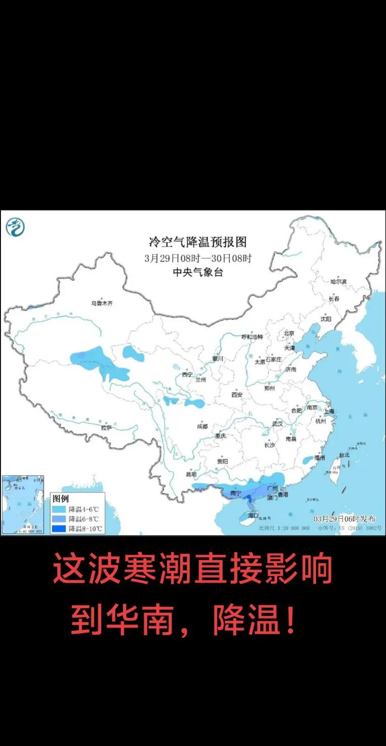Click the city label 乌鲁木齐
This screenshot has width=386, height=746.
pyautogui.click(x=101, y=303)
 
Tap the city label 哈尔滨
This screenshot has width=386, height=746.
pyautogui.click(x=339, y=281)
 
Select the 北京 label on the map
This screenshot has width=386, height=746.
pyautogui.click(x=289, y=333)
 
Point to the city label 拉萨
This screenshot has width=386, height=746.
pyautogui.click(x=107, y=428)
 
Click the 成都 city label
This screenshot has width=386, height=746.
pyautogui.click(x=202, y=427)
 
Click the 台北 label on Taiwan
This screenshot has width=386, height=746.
pyautogui.click(x=344, y=455)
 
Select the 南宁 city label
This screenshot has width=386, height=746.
pyautogui.click(x=235, y=494)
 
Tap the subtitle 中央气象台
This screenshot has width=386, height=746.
pyautogui.click(x=198, y=273)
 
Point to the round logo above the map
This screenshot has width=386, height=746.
pyautogui.click(x=15, y=227)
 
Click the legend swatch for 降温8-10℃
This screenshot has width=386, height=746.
pyautogui.click(x=59, y=529)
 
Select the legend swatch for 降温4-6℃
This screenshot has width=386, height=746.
pyautogui.click(x=59, y=510)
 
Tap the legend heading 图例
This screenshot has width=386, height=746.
pyautogui.click(x=61, y=498)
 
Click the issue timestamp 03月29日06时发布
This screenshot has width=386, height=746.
pyautogui.click(x=344, y=519)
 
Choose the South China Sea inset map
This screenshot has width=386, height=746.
pyautogui.click(x=23, y=504)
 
